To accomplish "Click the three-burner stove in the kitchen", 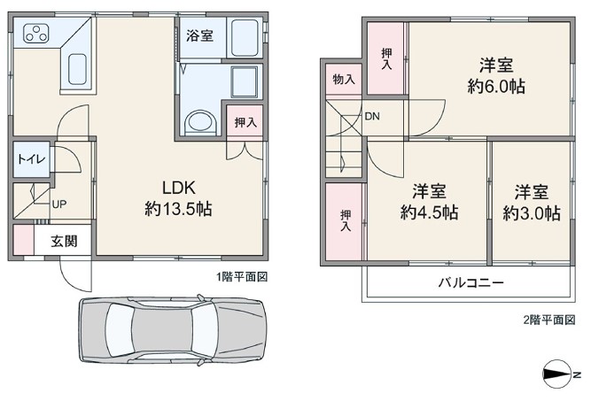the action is [36, 33].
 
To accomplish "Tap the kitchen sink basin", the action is [78, 69].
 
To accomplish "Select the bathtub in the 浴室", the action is [245, 38].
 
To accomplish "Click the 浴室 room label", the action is [199, 35].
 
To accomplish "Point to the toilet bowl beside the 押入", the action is [200, 122].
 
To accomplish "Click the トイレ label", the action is [31, 158].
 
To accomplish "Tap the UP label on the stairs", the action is [59, 204].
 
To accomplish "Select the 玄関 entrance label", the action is [65, 241].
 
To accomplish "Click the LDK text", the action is [179, 188].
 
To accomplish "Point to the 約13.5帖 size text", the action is [178, 209].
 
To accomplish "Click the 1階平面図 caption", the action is [242, 277].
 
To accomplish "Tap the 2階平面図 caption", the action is [549, 320].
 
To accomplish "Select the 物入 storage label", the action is [344, 80].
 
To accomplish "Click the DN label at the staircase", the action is [372, 116].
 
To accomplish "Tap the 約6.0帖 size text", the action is [496, 87].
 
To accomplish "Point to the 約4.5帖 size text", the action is [430, 212].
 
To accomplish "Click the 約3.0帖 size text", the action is [532, 213].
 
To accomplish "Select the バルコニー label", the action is [470, 282].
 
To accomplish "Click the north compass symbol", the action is [557, 374].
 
